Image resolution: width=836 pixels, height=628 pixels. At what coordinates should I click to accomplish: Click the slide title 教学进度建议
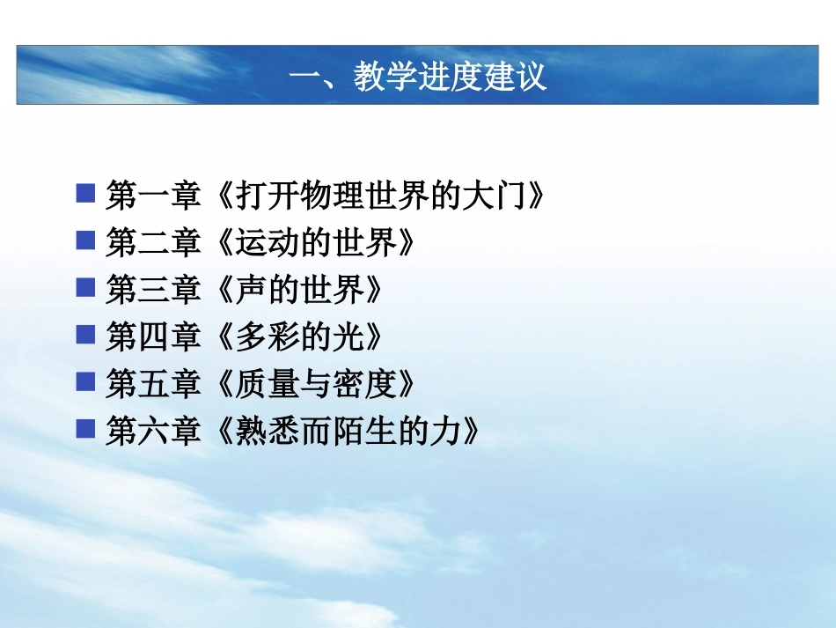point(418,77)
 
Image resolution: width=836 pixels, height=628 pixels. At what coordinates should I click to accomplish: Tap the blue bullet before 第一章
point(85,193)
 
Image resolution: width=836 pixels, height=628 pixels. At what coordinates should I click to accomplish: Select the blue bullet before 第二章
point(85,240)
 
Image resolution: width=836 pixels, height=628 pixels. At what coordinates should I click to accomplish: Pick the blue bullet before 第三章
point(85,287)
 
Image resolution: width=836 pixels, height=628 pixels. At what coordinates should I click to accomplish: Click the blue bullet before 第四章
point(85,335)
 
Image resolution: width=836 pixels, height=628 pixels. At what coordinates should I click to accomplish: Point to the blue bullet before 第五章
point(85,381)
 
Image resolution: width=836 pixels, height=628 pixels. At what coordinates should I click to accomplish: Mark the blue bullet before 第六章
point(85,429)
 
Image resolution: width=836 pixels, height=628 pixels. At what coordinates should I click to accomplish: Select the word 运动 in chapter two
point(267,243)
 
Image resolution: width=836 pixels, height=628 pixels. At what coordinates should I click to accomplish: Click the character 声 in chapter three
point(252,290)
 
